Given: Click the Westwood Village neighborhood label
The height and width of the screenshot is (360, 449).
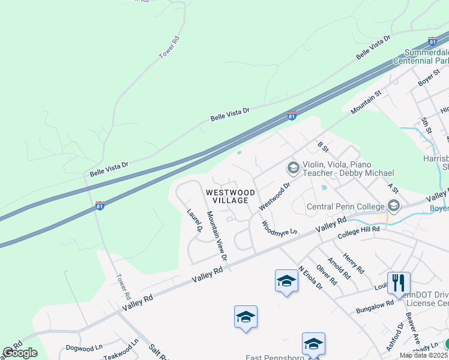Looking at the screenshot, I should [231, 196].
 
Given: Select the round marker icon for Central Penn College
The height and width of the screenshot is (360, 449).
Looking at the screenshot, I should [393, 206].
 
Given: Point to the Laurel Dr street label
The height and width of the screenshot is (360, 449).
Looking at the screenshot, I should [194, 221].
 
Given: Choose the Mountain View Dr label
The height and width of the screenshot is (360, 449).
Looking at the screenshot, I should [217, 235].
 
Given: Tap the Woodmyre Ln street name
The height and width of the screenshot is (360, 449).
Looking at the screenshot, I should [279, 228].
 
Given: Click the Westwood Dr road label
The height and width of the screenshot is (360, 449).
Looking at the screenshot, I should [274, 196].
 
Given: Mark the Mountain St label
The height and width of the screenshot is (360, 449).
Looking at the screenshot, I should [366, 103].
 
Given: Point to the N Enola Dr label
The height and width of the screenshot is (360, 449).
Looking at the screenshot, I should [310, 278].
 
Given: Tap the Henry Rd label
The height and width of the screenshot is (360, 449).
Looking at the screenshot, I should [354, 263].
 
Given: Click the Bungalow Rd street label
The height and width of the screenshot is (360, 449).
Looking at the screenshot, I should [373, 305].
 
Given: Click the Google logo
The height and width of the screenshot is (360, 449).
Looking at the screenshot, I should [20, 353].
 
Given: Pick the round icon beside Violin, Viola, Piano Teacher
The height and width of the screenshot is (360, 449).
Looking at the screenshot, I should [294, 167].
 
